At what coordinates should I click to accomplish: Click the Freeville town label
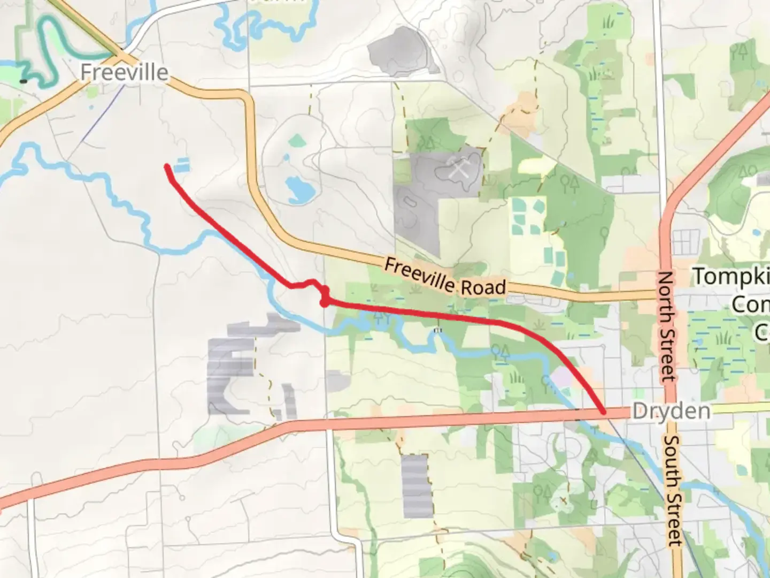125,72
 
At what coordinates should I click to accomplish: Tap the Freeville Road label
444,277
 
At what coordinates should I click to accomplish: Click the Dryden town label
672,411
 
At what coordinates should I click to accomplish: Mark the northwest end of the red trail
167,167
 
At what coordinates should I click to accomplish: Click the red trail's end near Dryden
603,412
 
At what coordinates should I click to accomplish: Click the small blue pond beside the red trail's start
183,164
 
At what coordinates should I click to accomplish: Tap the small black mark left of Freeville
24,81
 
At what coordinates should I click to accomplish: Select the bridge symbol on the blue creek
438,331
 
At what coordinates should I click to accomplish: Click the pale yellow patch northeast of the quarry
528,166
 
